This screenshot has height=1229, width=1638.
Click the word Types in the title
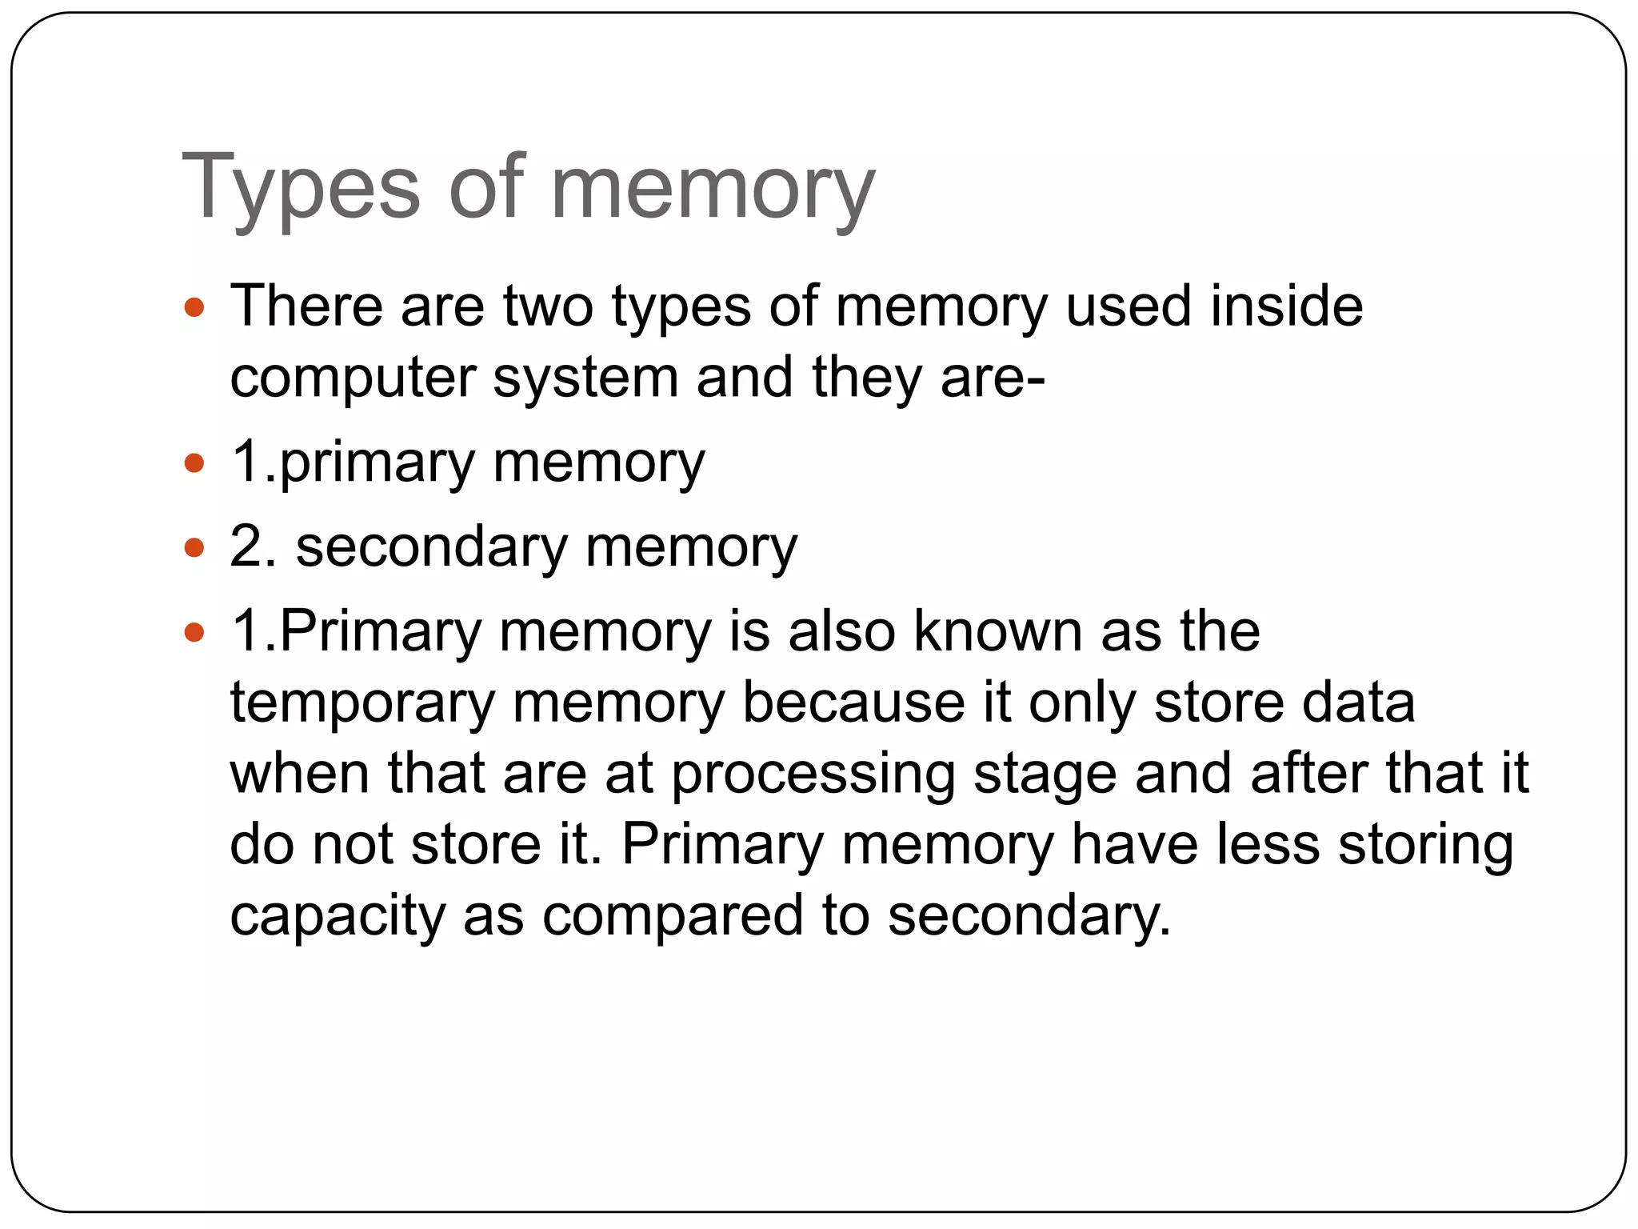tap(301, 189)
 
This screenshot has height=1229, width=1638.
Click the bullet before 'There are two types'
tap(194, 307)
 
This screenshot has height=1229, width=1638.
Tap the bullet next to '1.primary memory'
tap(194, 463)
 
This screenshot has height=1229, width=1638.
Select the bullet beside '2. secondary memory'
tap(194, 548)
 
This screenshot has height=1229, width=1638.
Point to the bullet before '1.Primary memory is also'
tap(194, 633)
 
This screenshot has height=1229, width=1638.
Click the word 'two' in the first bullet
tap(548, 306)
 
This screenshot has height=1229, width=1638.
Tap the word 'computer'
tap(353, 378)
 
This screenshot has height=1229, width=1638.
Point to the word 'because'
tap(853, 703)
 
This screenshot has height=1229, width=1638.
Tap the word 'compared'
tap(673, 916)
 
